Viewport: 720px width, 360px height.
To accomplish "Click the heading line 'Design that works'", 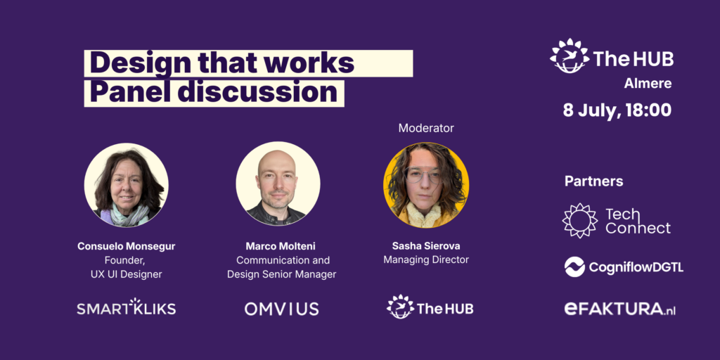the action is click(221, 63).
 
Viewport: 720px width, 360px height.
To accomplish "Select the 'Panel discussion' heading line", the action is click(214, 93).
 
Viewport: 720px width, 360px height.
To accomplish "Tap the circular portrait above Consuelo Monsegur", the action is click(127, 185).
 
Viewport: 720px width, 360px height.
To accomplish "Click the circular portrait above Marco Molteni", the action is click(278, 184).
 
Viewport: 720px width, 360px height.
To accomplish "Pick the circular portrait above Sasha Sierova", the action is click(425, 185).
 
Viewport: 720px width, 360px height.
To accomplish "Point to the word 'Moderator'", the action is click(425, 128).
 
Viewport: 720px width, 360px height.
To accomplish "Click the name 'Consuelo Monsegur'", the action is click(127, 246).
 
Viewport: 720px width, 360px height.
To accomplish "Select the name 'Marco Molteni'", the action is click(280, 246).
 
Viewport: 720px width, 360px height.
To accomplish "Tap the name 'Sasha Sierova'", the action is click(425, 245).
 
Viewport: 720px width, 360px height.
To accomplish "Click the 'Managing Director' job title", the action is click(425, 259).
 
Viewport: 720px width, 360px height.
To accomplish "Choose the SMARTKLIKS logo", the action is click(127, 307).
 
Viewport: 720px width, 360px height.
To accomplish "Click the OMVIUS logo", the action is click(281, 309).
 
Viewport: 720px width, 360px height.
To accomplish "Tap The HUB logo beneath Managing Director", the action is click(430, 307).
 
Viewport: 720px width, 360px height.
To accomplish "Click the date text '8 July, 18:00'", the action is click(617, 110).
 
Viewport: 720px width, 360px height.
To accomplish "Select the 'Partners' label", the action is click(593, 181).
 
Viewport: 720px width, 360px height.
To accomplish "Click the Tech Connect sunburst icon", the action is click(580, 221).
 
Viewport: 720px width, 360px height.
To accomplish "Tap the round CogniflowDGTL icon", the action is click(574, 266).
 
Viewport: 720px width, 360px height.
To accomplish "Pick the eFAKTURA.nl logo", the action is click(620, 309).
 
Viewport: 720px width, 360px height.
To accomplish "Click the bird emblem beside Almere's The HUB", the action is click(570, 56).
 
